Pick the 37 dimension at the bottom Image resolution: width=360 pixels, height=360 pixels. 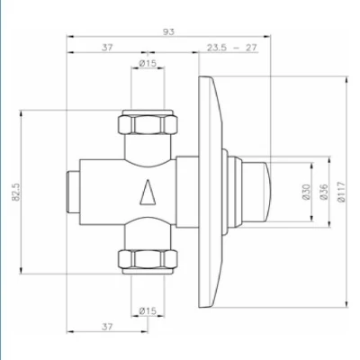107,326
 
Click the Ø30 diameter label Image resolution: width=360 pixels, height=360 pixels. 305,192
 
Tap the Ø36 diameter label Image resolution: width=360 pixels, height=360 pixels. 321,192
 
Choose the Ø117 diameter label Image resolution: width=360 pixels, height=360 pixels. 341,192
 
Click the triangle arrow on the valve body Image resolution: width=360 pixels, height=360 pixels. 147,193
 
